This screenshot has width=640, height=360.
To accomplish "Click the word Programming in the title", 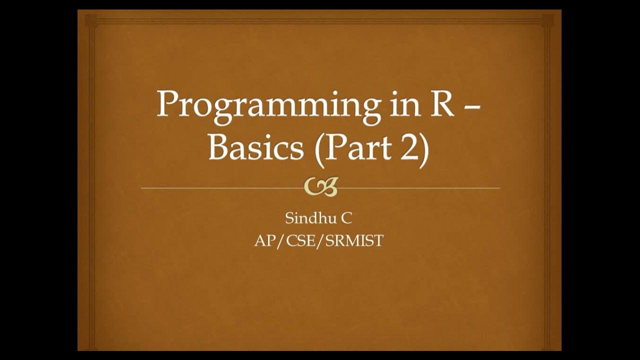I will tap(265, 106).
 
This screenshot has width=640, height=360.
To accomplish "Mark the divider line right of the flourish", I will tap(420, 188).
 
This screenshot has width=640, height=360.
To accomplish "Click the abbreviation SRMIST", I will tap(355, 241).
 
